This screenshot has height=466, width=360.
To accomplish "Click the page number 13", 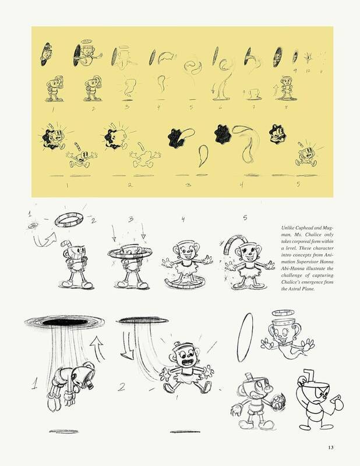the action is coord(331,447).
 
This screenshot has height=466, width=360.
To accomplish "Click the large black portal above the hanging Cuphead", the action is coord(65,322).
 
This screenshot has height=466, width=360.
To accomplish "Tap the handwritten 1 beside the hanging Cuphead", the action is coord(34,383).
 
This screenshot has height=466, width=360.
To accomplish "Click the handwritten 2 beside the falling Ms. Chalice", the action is coord(121,387).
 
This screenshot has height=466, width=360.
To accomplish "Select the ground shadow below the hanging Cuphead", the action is coord(63,431).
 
